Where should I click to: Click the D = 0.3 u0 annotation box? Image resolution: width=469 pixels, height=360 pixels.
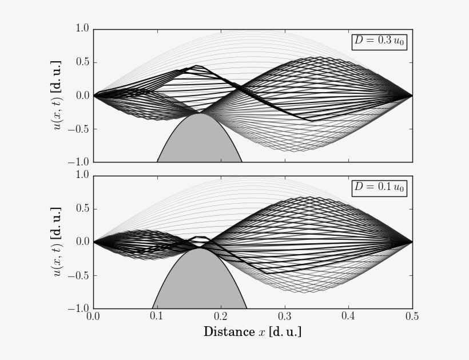[x=379, y=42]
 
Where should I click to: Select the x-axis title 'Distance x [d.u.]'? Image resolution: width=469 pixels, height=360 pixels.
[x=252, y=332]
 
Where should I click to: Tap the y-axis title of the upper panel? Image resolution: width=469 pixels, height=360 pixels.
[x=59, y=95]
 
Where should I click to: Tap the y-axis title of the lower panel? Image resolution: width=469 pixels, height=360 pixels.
[x=59, y=241]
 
